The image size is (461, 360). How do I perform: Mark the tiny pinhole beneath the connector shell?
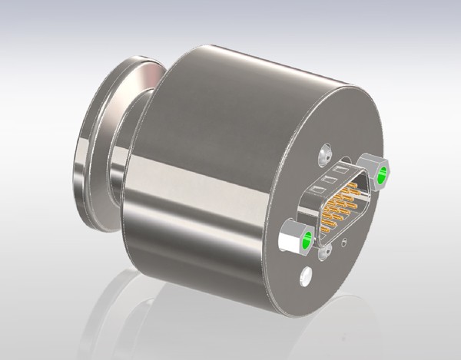pyautogui.click(x=345, y=242)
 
